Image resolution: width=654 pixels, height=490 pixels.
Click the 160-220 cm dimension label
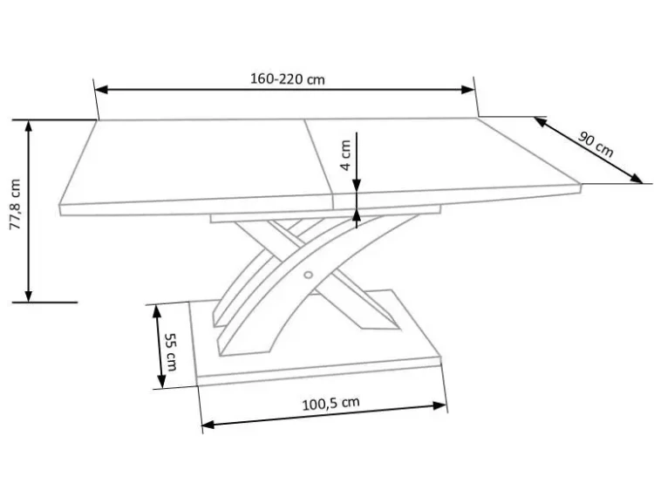click(288, 78)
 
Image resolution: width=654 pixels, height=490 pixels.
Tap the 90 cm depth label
click(596, 144)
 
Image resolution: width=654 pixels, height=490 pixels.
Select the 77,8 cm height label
click(16, 204)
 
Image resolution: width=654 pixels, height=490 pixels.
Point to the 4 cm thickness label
click(346, 155)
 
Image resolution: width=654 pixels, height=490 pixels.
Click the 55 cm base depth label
click(171, 351)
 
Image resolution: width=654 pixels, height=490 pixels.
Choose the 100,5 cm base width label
click(330, 404)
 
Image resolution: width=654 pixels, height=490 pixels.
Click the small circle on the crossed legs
click(308, 275)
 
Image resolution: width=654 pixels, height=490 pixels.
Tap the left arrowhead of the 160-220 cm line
click(101, 89)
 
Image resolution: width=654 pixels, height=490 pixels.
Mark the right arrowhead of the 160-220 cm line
click(468, 89)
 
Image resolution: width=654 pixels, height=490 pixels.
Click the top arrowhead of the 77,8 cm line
click(29, 126)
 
